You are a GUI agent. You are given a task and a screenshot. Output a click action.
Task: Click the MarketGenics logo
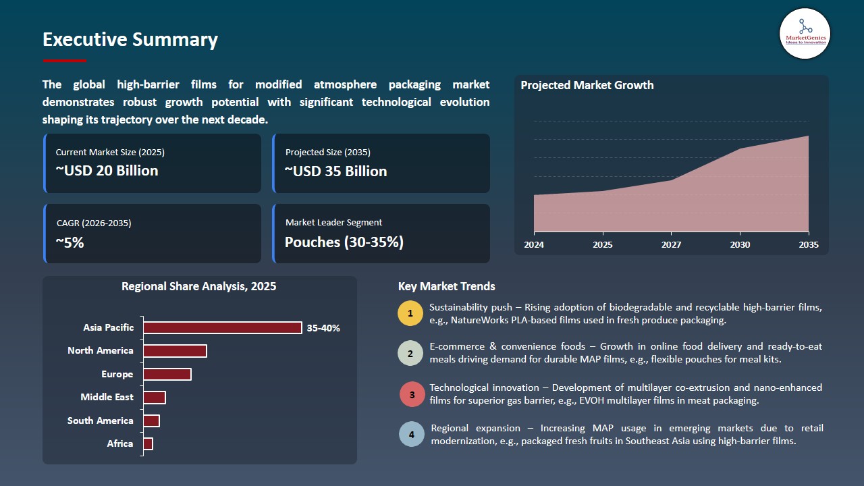[805, 33]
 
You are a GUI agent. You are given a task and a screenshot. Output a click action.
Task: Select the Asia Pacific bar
[223, 327]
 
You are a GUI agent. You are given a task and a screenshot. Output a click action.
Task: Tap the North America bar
[175, 351]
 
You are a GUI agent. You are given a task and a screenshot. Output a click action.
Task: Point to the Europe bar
[167, 374]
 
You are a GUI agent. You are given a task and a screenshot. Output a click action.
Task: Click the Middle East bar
[155, 398]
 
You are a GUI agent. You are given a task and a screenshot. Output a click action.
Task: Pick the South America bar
[151, 421]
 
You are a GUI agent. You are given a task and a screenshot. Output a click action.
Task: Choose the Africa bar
[148, 443]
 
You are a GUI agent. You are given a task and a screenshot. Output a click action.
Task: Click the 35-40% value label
[323, 328]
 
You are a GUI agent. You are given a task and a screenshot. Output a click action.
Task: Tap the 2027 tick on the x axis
[671, 244]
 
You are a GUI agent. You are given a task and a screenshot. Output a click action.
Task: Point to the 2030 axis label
[740, 244]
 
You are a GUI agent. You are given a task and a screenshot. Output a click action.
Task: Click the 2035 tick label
[808, 244]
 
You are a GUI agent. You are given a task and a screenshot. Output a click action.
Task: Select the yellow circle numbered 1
[410, 314]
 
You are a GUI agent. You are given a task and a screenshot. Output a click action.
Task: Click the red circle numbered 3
[412, 394]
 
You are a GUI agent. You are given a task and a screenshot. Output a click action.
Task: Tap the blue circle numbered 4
[412, 434]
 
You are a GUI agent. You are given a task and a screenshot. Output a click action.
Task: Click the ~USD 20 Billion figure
[107, 171]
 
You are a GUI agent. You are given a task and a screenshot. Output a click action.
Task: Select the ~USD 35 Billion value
[336, 171]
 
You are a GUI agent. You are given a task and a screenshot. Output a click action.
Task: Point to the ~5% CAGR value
[70, 242]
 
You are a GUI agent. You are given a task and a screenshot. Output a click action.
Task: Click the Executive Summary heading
[130, 40]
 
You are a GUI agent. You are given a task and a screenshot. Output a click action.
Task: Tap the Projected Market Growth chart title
[587, 85]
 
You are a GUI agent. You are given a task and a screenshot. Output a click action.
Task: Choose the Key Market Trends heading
[447, 286]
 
